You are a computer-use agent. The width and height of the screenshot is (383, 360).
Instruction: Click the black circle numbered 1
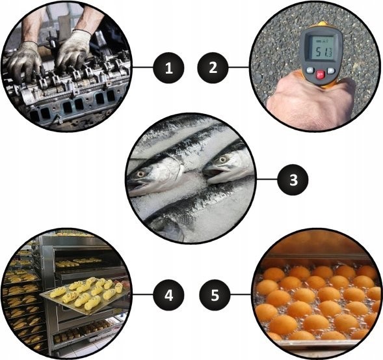coord(168,68)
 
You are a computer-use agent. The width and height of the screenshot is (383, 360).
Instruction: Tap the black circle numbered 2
coord(213,68)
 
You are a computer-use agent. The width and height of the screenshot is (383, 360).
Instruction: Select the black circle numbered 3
coord(293,180)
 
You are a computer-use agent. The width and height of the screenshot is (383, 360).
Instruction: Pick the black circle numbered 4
coord(168,295)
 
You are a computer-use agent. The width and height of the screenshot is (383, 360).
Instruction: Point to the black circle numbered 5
coord(215,295)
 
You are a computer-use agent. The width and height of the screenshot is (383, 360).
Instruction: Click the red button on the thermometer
coord(321,74)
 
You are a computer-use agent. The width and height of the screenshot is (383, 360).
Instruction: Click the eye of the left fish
coord(140,174)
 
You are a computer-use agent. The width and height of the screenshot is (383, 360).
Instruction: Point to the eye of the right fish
coord(222,159)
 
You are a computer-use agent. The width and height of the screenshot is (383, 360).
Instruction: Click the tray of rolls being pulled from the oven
coord(85,296)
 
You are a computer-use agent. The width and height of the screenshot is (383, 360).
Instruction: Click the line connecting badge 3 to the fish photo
coord(267,180)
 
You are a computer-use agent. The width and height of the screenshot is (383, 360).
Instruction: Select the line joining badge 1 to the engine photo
coord(142,67)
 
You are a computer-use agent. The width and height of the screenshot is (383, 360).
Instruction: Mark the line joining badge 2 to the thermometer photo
coord(239,67)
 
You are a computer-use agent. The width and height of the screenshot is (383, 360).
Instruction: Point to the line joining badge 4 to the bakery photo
coord(142,294)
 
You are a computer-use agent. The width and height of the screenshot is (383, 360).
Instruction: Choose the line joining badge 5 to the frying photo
coord(241,294)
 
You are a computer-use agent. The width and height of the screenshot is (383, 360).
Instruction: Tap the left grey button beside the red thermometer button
coord(310,70)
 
